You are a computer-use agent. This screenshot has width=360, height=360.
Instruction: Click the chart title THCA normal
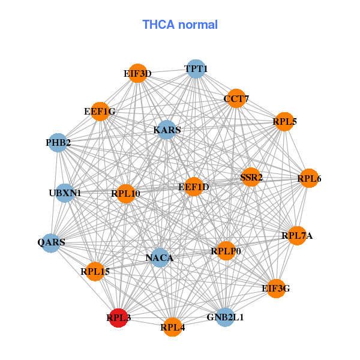coord(179,25)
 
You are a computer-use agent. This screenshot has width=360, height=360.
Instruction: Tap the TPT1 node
coord(196,69)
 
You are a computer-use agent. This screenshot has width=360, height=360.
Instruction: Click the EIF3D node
coord(137,74)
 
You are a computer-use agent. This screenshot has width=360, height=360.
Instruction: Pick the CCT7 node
coord(236,98)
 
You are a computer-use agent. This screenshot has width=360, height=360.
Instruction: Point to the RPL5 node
coord(284,122)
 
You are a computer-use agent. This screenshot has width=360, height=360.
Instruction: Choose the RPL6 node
coord(308,178)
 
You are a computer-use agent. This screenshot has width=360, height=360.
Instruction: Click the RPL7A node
coord(300,236)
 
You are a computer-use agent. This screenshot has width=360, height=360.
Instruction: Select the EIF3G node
coord(275,289)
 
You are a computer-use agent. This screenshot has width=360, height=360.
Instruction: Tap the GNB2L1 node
coord(224,317)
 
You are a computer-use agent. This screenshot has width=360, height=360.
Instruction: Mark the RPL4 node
coord(172,327)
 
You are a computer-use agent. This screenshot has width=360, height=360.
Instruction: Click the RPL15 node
coord(95,272)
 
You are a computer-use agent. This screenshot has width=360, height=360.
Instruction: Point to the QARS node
coord(52,243)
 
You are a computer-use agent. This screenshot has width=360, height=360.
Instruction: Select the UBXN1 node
coord(65,193)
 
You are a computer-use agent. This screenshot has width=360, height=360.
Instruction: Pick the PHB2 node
coord(58,143)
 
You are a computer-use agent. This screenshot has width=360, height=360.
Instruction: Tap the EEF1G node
coord(100,112)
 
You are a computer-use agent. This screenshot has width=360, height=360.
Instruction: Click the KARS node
coord(166,130)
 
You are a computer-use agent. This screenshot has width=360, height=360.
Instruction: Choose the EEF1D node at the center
coord(193,187)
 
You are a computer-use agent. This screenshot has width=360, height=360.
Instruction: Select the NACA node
coord(160,258)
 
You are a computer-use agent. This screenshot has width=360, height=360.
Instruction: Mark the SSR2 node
coord(251,177)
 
